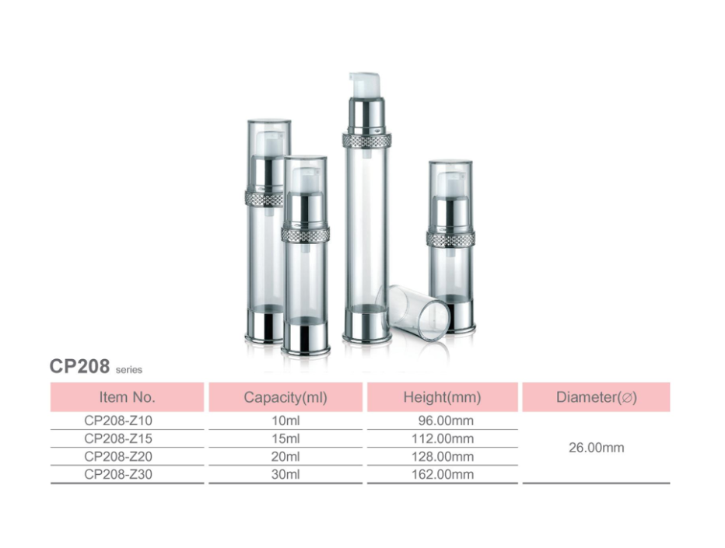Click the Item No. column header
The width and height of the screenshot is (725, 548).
pyautogui.click(x=127, y=397)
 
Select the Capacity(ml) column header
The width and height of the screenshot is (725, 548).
pyautogui.click(x=285, y=397)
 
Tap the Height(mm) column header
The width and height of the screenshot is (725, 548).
pyautogui.click(x=442, y=397)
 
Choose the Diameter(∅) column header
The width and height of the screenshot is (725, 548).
pyautogui.click(x=596, y=397)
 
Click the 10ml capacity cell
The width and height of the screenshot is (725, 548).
pyautogui.click(x=285, y=421)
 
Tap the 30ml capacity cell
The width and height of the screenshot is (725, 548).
pyautogui.click(x=285, y=474)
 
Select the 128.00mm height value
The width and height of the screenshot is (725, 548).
pyautogui.click(x=442, y=456)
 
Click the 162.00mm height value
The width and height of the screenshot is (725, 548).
pyautogui.click(x=442, y=474)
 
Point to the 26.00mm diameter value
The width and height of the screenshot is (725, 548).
pyautogui.click(x=596, y=448)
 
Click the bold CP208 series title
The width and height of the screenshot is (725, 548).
pyautogui.click(x=79, y=367)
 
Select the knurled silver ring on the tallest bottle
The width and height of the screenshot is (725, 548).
pyautogui.click(x=366, y=141)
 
